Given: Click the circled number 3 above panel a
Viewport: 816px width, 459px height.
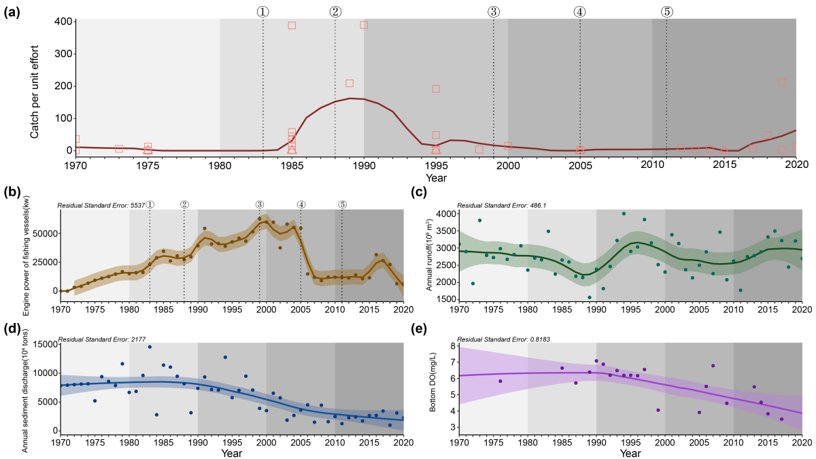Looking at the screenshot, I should (x=494, y=12).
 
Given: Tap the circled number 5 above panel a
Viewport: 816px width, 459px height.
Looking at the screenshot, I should (x=666, y=12).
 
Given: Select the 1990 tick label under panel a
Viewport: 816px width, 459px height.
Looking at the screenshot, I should (x=364, y=166).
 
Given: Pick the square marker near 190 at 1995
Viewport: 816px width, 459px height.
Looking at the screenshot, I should (x=436, y=88).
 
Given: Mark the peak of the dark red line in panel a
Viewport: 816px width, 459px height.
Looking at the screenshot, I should (x=350, y=98).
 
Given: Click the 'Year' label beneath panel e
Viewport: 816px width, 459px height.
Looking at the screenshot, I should (x=630, y=452).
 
